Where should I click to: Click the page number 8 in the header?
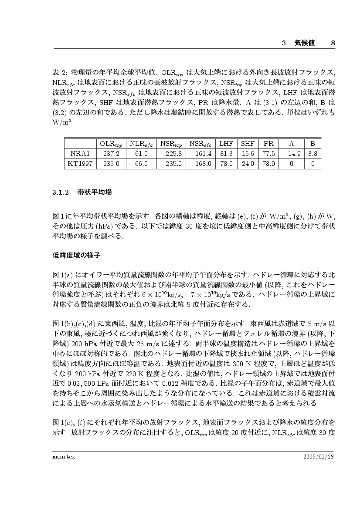point(333,43)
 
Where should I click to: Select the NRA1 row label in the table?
point(80,153)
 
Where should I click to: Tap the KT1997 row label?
point(80,164)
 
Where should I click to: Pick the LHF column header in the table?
point(226,143)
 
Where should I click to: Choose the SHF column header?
point(248,143)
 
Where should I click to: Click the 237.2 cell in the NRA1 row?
point(111,153)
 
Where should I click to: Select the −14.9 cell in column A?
point(291,153)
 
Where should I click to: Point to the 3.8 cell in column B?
point(312,153)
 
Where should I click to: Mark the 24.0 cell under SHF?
point(248,164)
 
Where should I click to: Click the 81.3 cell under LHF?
point(226,153)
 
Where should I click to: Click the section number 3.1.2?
point(61,192)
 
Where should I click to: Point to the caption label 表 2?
point(58,71)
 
